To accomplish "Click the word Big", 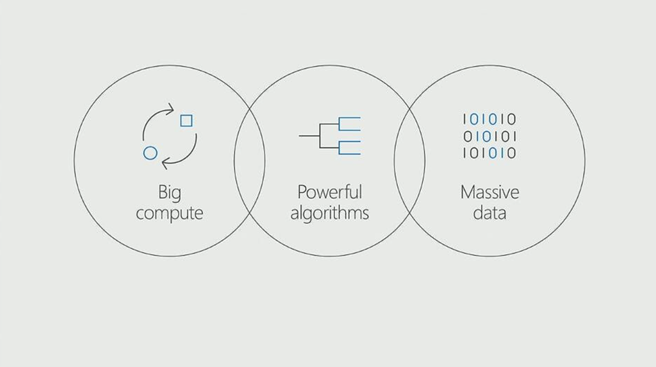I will pyautogui.click(x=169, y=193).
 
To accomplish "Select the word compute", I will pyautogui.click(x=169, y=213).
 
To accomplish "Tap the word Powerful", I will pyautogui.click(x=329, y=192).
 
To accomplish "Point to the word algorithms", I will pyautogui.click(x=329, y=213).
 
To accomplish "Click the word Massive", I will pyautogui.click(x=489, y=192).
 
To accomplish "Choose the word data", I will pyautogui.click(x=489, y=213).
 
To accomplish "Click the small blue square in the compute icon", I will pyautogui.click(x=186, y=120).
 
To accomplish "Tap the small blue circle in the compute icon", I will pyautogui.click(x=150, y=153).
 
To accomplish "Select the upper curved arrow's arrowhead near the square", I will pyautogui.click(x=170, y=110).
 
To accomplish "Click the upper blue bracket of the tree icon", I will pyautogui.click(x=350, y=125).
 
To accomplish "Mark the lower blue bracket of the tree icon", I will pyautogui.click(x=350, y=148).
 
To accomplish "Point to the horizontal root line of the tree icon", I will pyautogui.click(x=309, y=136).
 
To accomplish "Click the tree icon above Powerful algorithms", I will pyautogui.click(x=330, y=136).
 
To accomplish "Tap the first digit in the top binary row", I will pyautogui.click(x=466, y=119).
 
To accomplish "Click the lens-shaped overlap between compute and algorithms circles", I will pyautogui.click(x=249, y=160).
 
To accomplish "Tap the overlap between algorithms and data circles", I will pyautogui.click(x=409, y=160).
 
